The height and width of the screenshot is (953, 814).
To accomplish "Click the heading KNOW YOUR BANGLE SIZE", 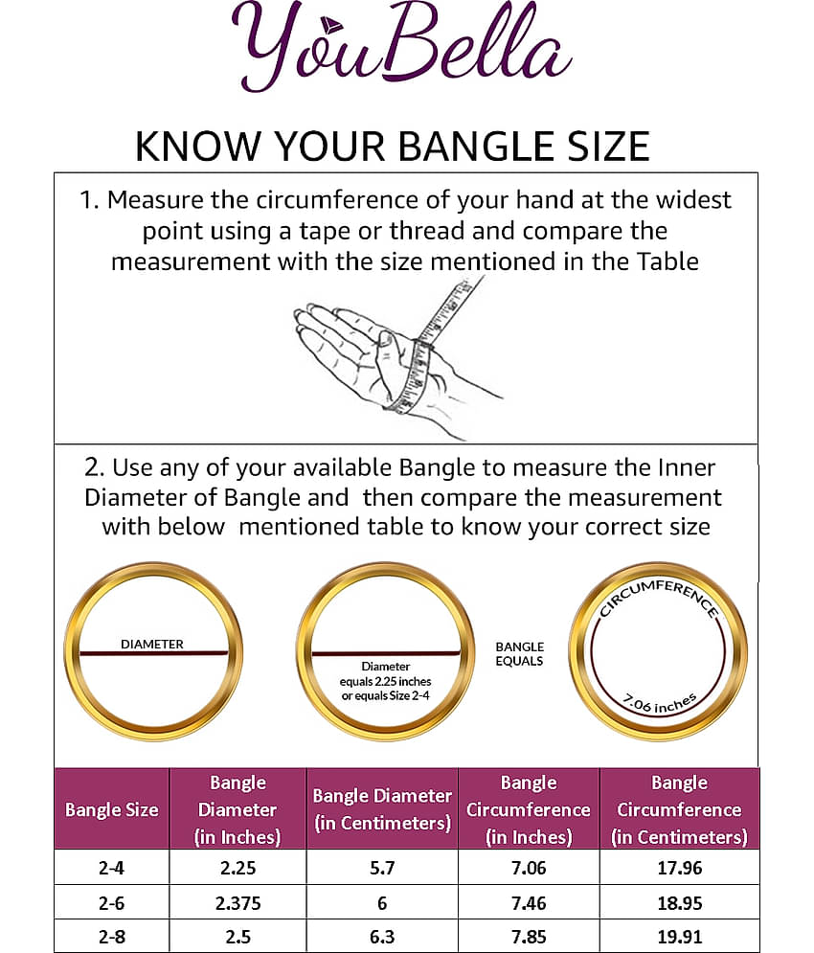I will [393, 146].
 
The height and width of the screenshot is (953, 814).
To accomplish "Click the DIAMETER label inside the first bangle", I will [152, 644].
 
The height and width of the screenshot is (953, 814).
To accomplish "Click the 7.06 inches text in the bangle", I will [659, 706].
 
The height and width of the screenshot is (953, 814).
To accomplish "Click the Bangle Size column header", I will [112, 809].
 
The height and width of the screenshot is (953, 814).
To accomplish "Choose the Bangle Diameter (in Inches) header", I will [237, 809].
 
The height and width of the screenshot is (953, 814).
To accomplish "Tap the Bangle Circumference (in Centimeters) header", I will [679, 809].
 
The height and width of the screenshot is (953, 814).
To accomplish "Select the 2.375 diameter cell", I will [237, 902].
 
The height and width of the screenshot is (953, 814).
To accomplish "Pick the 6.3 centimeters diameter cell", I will [381, 936].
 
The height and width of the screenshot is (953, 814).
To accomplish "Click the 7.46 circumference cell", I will [528, 902].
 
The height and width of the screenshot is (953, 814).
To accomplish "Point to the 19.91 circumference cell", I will [679, 936].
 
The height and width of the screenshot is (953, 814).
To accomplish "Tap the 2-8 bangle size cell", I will [112, 936].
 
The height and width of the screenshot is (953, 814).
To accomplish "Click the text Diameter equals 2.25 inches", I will [385, 680].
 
